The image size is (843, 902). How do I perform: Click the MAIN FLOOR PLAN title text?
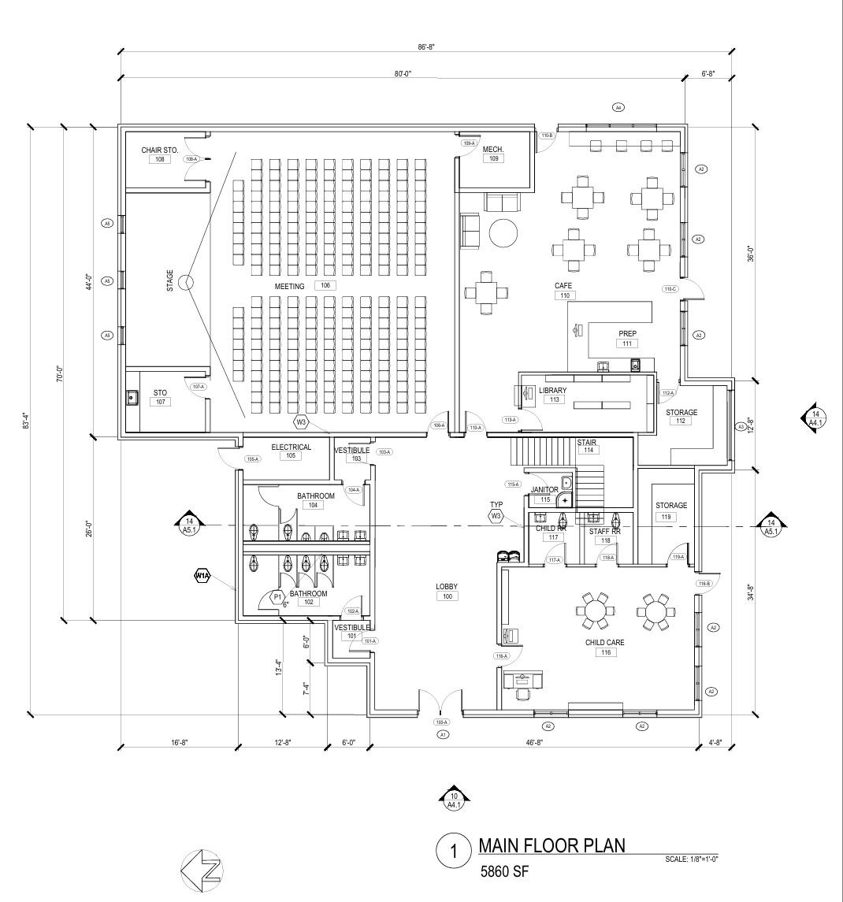pyautogui.click(x=551, y=846)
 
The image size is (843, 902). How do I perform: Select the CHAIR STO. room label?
pyautogui.click(x=160, y=150)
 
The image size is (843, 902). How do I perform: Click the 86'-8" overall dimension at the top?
pyautogui.click(x=426, y=47)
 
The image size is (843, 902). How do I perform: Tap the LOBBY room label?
pyautogui.click(x=447, y=587)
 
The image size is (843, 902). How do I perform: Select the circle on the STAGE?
pyautogui.click(x=187, y=282)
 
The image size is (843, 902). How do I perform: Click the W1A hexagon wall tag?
pyautogui.click(x=202, y=577)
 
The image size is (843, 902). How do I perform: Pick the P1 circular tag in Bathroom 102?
pyautogui.click(x=277, y=597)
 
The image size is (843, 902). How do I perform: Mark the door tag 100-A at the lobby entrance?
pyautogui.click(x=441, y=722)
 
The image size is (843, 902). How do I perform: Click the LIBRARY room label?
pyautogui.click(x=553, y=390)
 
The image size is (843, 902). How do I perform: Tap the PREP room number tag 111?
pyautogui.click(x=627, y=343)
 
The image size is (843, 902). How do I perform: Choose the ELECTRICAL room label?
pyautogui.click(x=291, y=447)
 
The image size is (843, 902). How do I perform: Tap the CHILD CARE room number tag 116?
pyautogui.click(x=605, y=652)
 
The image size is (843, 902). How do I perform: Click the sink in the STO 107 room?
pyautogui.click(x=132, y=398)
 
